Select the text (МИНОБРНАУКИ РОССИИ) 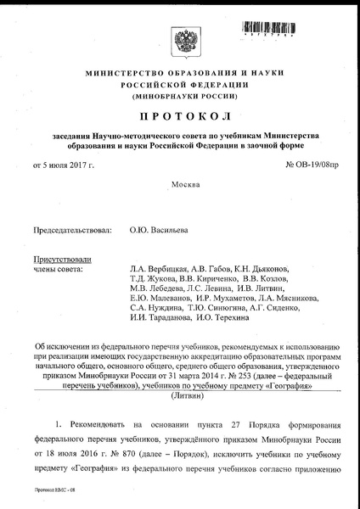tap(179, 98)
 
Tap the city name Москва tap(180, 185)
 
